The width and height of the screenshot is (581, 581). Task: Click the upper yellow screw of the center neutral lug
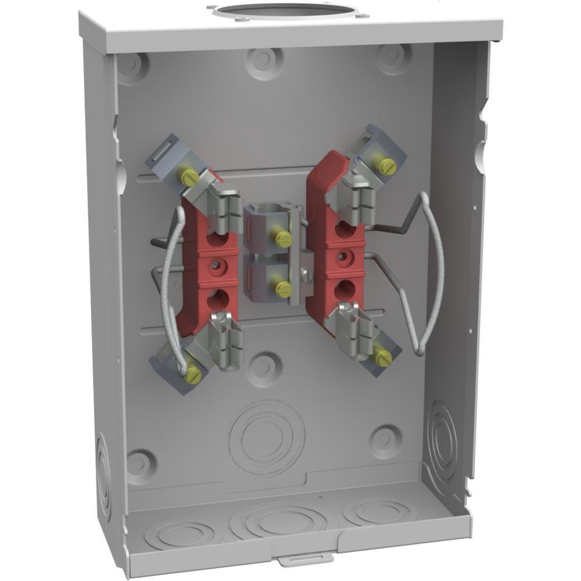[283, 238]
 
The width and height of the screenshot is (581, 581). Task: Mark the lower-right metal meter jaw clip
[354, 331]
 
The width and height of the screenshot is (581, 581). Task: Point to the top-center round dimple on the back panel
[264, 58]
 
